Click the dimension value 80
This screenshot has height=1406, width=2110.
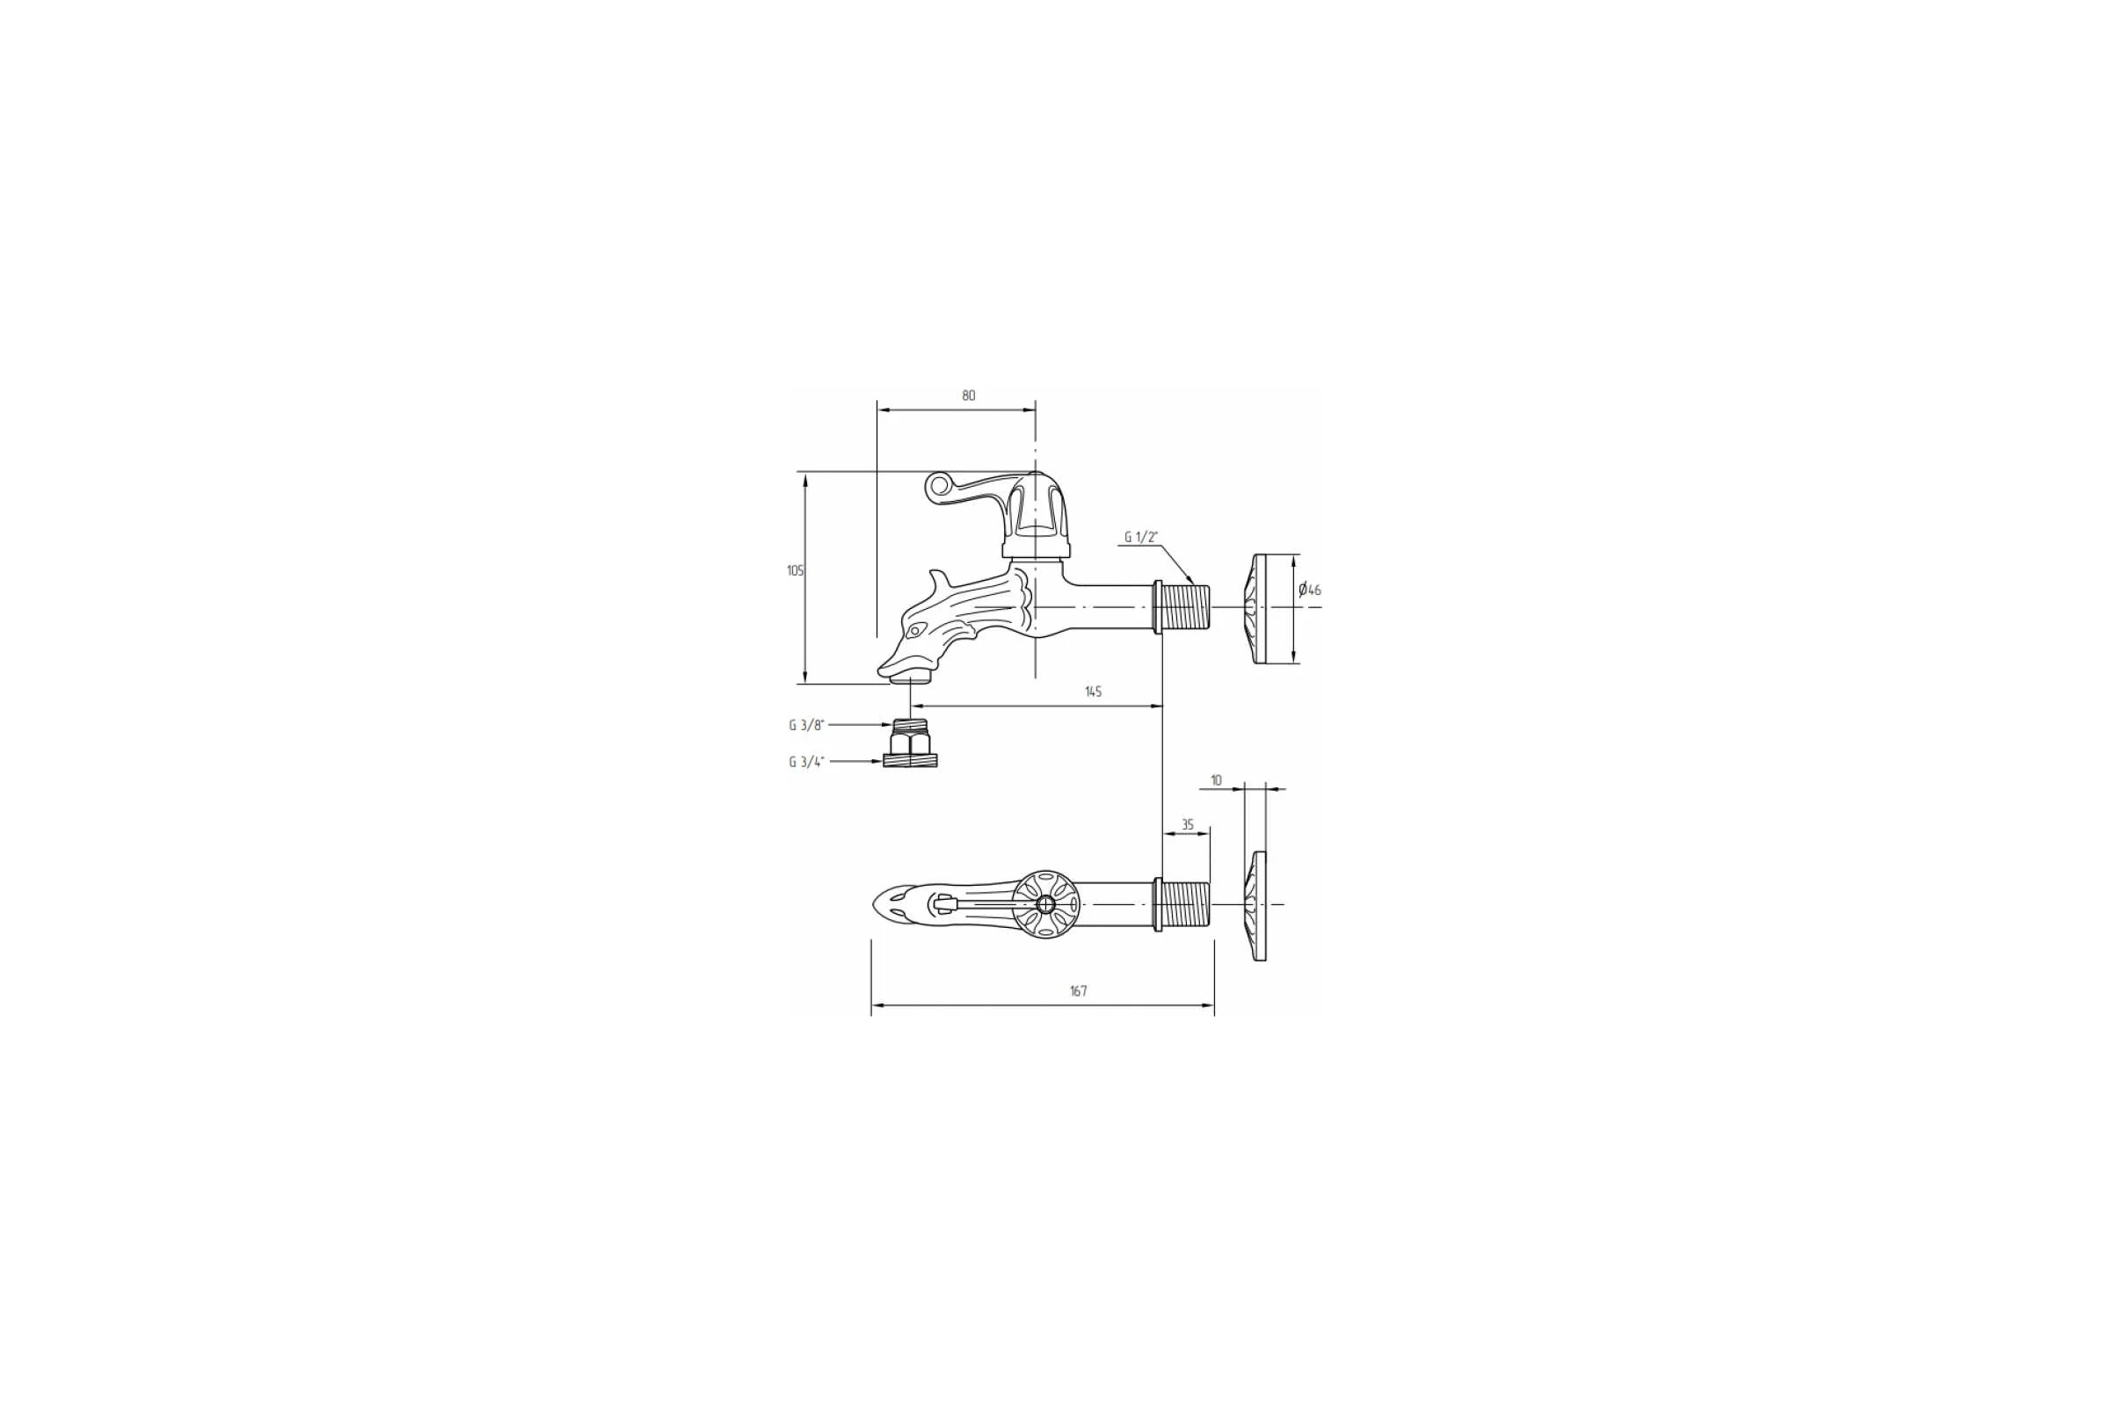point(968,395)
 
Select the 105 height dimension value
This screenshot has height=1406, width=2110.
point(795,570)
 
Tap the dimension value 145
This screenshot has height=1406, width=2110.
point(1093,692)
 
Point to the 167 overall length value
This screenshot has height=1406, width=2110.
point(1079,991)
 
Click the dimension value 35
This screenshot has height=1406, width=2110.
point(1187,825)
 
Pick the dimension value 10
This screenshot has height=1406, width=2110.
point(1216,780)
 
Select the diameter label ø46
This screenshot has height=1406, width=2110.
point(1310,590)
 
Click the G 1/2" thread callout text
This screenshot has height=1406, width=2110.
point(1141,537)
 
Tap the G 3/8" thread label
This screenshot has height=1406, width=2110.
point(805,726)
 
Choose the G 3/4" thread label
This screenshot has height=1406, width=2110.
point(806,762)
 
